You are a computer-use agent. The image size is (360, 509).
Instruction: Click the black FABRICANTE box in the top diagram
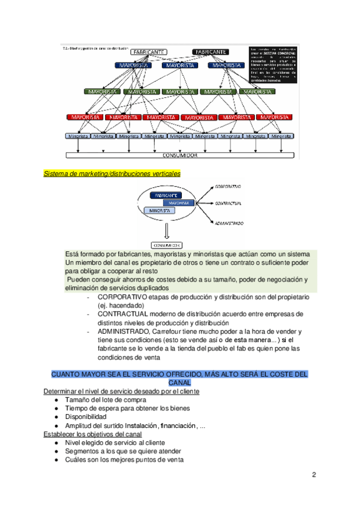[x=210, y=52]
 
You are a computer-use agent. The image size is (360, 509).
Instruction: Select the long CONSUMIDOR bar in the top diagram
[x=180, y=155]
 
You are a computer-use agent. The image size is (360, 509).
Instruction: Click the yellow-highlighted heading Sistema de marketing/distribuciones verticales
[x=112, y=174]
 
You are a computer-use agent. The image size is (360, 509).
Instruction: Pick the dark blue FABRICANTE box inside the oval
[x=166, y=196]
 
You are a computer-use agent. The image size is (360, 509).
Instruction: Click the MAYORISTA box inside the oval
[x=179, y=203]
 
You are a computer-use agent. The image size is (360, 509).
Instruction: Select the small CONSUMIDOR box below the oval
[x=167, y=245]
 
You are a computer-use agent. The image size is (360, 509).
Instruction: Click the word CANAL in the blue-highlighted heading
[x=179, y=382]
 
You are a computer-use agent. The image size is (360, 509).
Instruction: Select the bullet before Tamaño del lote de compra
[x=55, y=400]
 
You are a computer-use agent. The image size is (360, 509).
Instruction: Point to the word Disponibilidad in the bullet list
[x=86, y=417]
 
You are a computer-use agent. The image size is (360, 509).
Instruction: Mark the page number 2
[x=314, y=475]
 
